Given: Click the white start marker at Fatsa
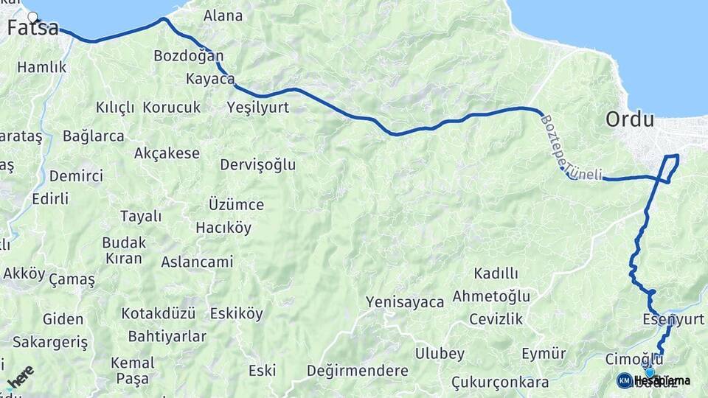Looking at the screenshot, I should pos(32,16).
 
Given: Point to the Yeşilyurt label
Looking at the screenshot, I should pos(257,108).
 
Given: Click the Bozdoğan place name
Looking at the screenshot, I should pos(188,56).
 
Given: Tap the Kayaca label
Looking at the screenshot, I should pos(210,79).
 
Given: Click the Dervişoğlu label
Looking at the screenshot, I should pos(257,165).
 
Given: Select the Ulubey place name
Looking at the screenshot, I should pos(440,353).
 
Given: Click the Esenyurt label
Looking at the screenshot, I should pos(673,319).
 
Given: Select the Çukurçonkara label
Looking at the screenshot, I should pos(502,383).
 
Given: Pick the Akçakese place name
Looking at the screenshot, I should pos(167,153).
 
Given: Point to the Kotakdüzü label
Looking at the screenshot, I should pos(158,313).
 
